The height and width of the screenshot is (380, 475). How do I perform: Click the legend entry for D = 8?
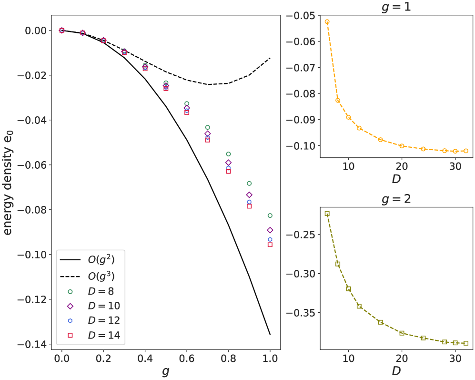tap(91, 290)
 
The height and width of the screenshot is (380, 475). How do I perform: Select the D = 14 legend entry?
tap(91, 335)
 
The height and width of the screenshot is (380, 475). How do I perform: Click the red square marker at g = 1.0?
tap(270, 245)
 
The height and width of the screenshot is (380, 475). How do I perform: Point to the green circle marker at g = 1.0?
tap(270, 216)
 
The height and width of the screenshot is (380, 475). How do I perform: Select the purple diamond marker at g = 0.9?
tap(249, 195)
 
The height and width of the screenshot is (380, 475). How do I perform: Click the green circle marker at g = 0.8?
tap(228, 154)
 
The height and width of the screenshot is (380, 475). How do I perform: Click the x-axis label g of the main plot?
tap(165, 373)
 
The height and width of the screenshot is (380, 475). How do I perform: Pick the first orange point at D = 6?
tap(327, 21)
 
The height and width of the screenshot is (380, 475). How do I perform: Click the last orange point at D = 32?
tap(466, 151)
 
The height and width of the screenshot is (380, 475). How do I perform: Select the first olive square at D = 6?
tap(327, 214)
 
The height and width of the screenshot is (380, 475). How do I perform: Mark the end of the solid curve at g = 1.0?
tap(270, 334)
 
